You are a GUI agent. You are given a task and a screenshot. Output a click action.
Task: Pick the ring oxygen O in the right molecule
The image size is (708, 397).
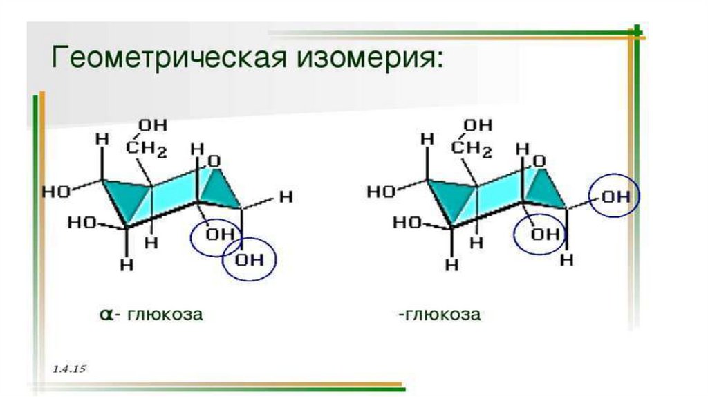click(539, 162)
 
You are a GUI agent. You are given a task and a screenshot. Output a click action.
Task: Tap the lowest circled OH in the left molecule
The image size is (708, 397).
click(249, 260)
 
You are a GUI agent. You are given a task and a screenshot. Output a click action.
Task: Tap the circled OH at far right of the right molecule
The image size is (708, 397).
click(615, 196)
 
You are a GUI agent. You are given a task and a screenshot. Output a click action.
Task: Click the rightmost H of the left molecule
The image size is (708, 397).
click(286, 196)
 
